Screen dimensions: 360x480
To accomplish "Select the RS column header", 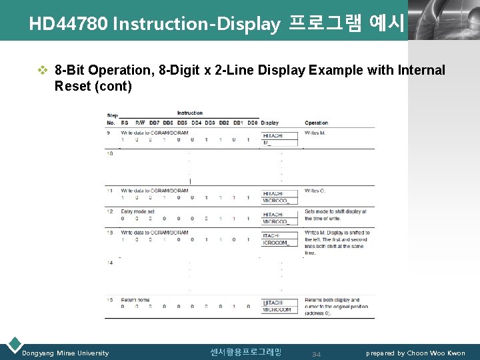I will click(x=125, y=123).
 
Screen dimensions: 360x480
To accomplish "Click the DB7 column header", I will click(x=155, y=123).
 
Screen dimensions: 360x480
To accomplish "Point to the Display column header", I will click(x=270, y=123).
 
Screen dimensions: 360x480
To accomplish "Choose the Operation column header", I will click(x=317, y=123).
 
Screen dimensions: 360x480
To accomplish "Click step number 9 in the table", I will click(x=109, y=133).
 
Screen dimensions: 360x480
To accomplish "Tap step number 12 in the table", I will click(x=110, y=211).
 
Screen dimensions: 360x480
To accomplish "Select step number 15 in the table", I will click(x=110, y=300).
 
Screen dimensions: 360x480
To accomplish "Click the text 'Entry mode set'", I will click(x=137, y=211).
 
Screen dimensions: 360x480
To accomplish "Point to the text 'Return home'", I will click(x=135, y=300).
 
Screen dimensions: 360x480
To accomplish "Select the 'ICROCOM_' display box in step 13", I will click(x=275, y=243).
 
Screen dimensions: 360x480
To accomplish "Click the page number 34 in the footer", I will click(x=316, y=354).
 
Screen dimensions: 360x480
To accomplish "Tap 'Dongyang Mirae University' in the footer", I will click(x=65, y=353).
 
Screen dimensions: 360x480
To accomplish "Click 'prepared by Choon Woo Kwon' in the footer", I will click(x=416, y=353).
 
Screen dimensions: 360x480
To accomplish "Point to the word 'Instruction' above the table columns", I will click(x=190, y=113).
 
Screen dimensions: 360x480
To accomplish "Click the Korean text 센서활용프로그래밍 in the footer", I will click(x=246, y=352).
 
